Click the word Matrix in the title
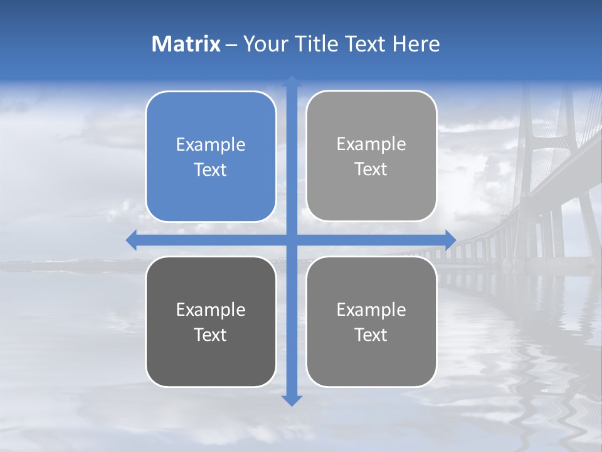pyautogui.click(x=186, y=44)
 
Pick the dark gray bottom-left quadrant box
pyautogui.click(x=211, y=358)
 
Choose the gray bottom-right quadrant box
pyautogui.click(x=371, y=358)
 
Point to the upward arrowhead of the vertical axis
pyautogui.click(x=292, y=81)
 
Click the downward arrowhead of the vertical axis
pyautogui.click(x=292, y=401)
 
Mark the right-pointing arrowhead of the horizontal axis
pyautogui.click(x=450, y=240)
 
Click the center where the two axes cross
pyautogui.click(x=292, y=240)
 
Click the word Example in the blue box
pyautogui.click(x=211, y=145)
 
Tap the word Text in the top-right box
pyautogui.click(x=371, y=169)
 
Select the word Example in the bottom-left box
pyautogui.click(x=211, y=309)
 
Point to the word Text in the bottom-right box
pyautogui.click(x=371, y=335)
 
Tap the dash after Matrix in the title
pyautogui.click(x=231, y=45)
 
